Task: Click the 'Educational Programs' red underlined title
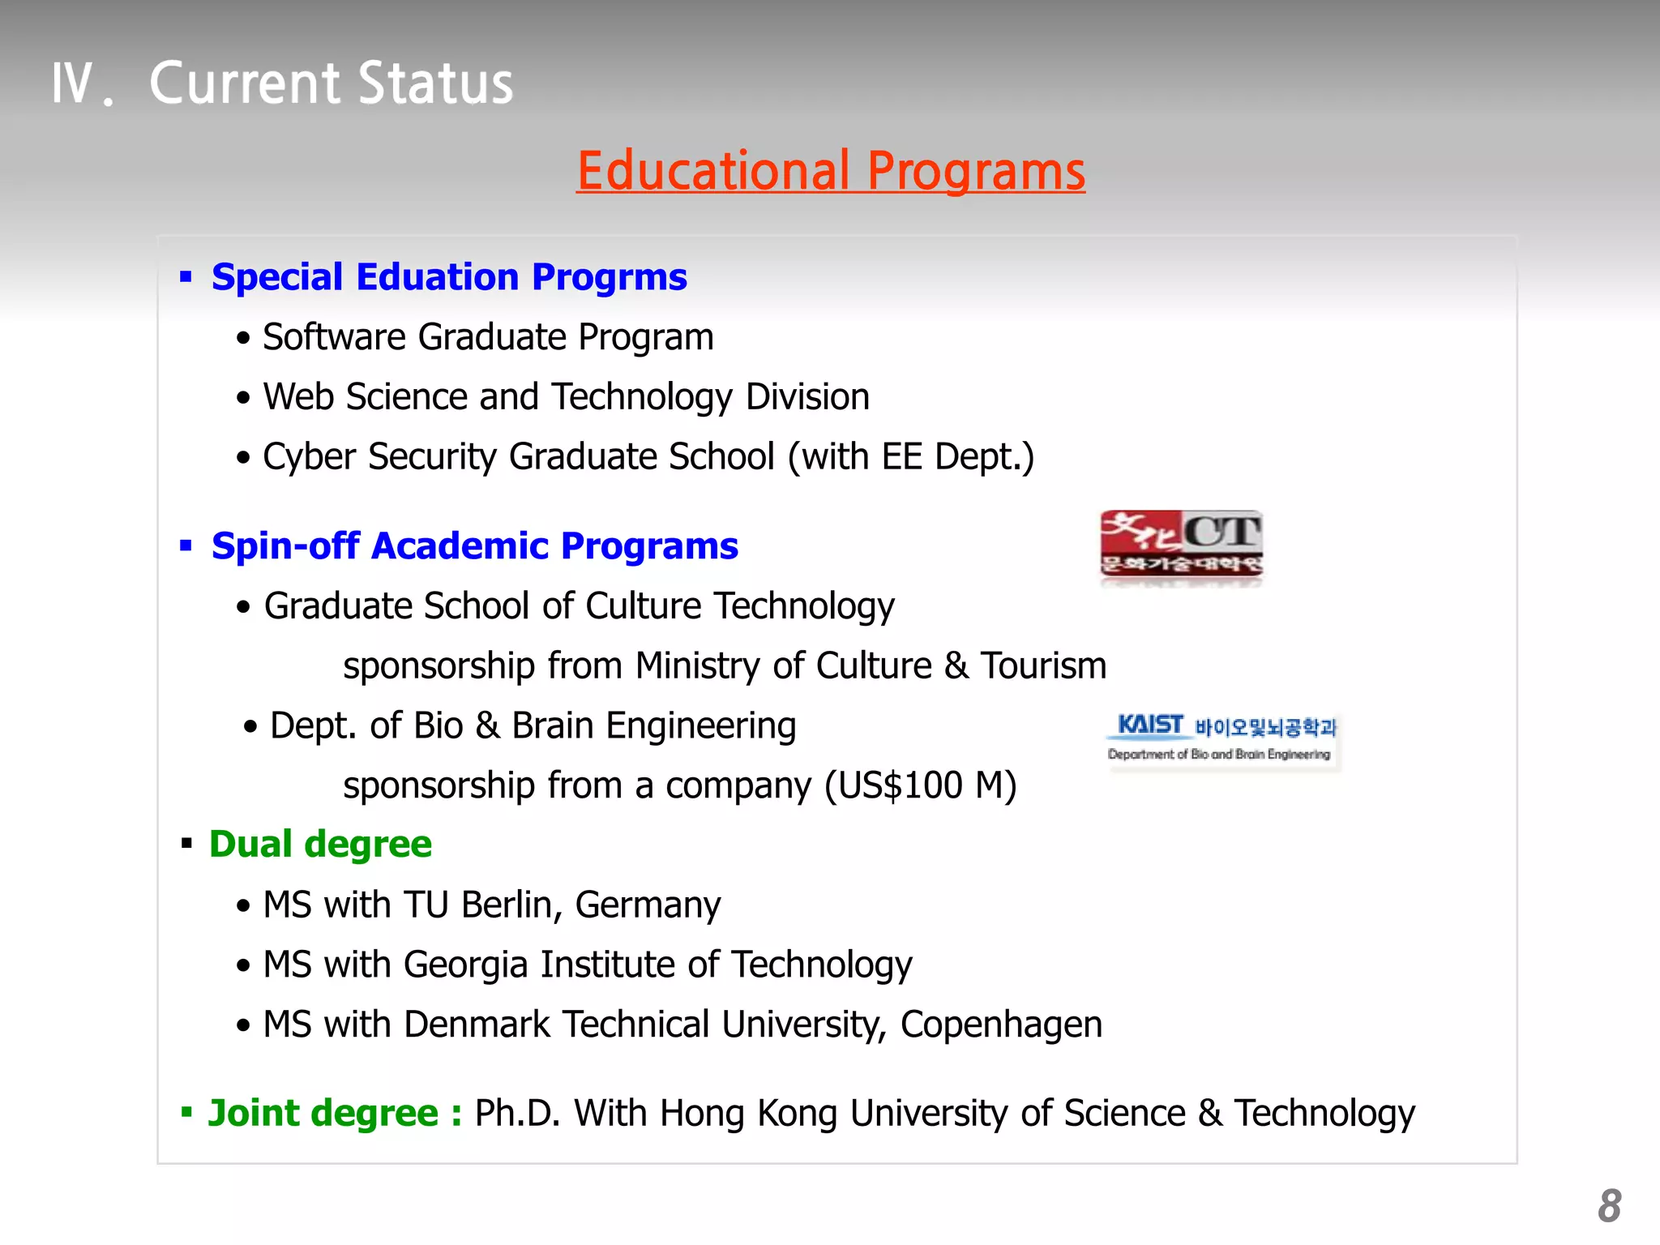point(830,171)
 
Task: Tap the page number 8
point(1609,1206)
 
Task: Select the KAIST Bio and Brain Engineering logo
point(1221,737)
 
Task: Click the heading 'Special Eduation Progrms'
point(449,277)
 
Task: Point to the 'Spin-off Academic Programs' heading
point(474,546)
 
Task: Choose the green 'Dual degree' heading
point(320,845)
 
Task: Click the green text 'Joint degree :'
point(335,1113)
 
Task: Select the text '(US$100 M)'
point(920,785)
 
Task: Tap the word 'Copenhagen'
point(1001,1025)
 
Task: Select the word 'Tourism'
point(1043,666)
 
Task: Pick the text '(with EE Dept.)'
point(911,457)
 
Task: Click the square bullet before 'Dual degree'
point(186,844)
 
